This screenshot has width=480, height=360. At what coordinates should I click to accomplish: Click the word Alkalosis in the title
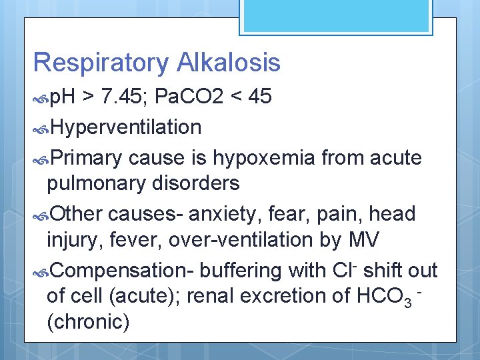(x=229, y=63)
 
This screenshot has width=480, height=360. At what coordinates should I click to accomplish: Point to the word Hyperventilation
(x=125, y=127)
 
